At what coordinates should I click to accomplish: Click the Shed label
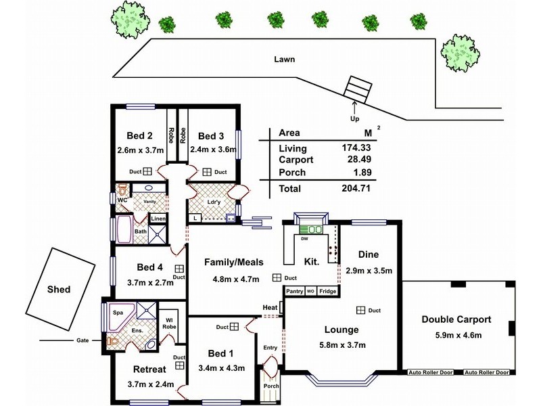point(58,290)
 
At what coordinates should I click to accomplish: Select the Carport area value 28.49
point(356,160)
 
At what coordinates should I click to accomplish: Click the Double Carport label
point(456,319)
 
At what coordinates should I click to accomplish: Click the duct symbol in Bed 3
point(206,173)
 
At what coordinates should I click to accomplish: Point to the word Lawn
point(285,59)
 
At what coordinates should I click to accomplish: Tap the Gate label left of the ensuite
point(80,340)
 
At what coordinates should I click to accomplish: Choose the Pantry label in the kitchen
point(294,292)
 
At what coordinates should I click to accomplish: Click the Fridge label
point(327,292)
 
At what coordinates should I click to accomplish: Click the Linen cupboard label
point(158,219)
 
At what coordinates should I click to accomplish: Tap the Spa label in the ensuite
point(117,313)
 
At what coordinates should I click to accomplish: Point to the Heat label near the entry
point(270,308)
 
